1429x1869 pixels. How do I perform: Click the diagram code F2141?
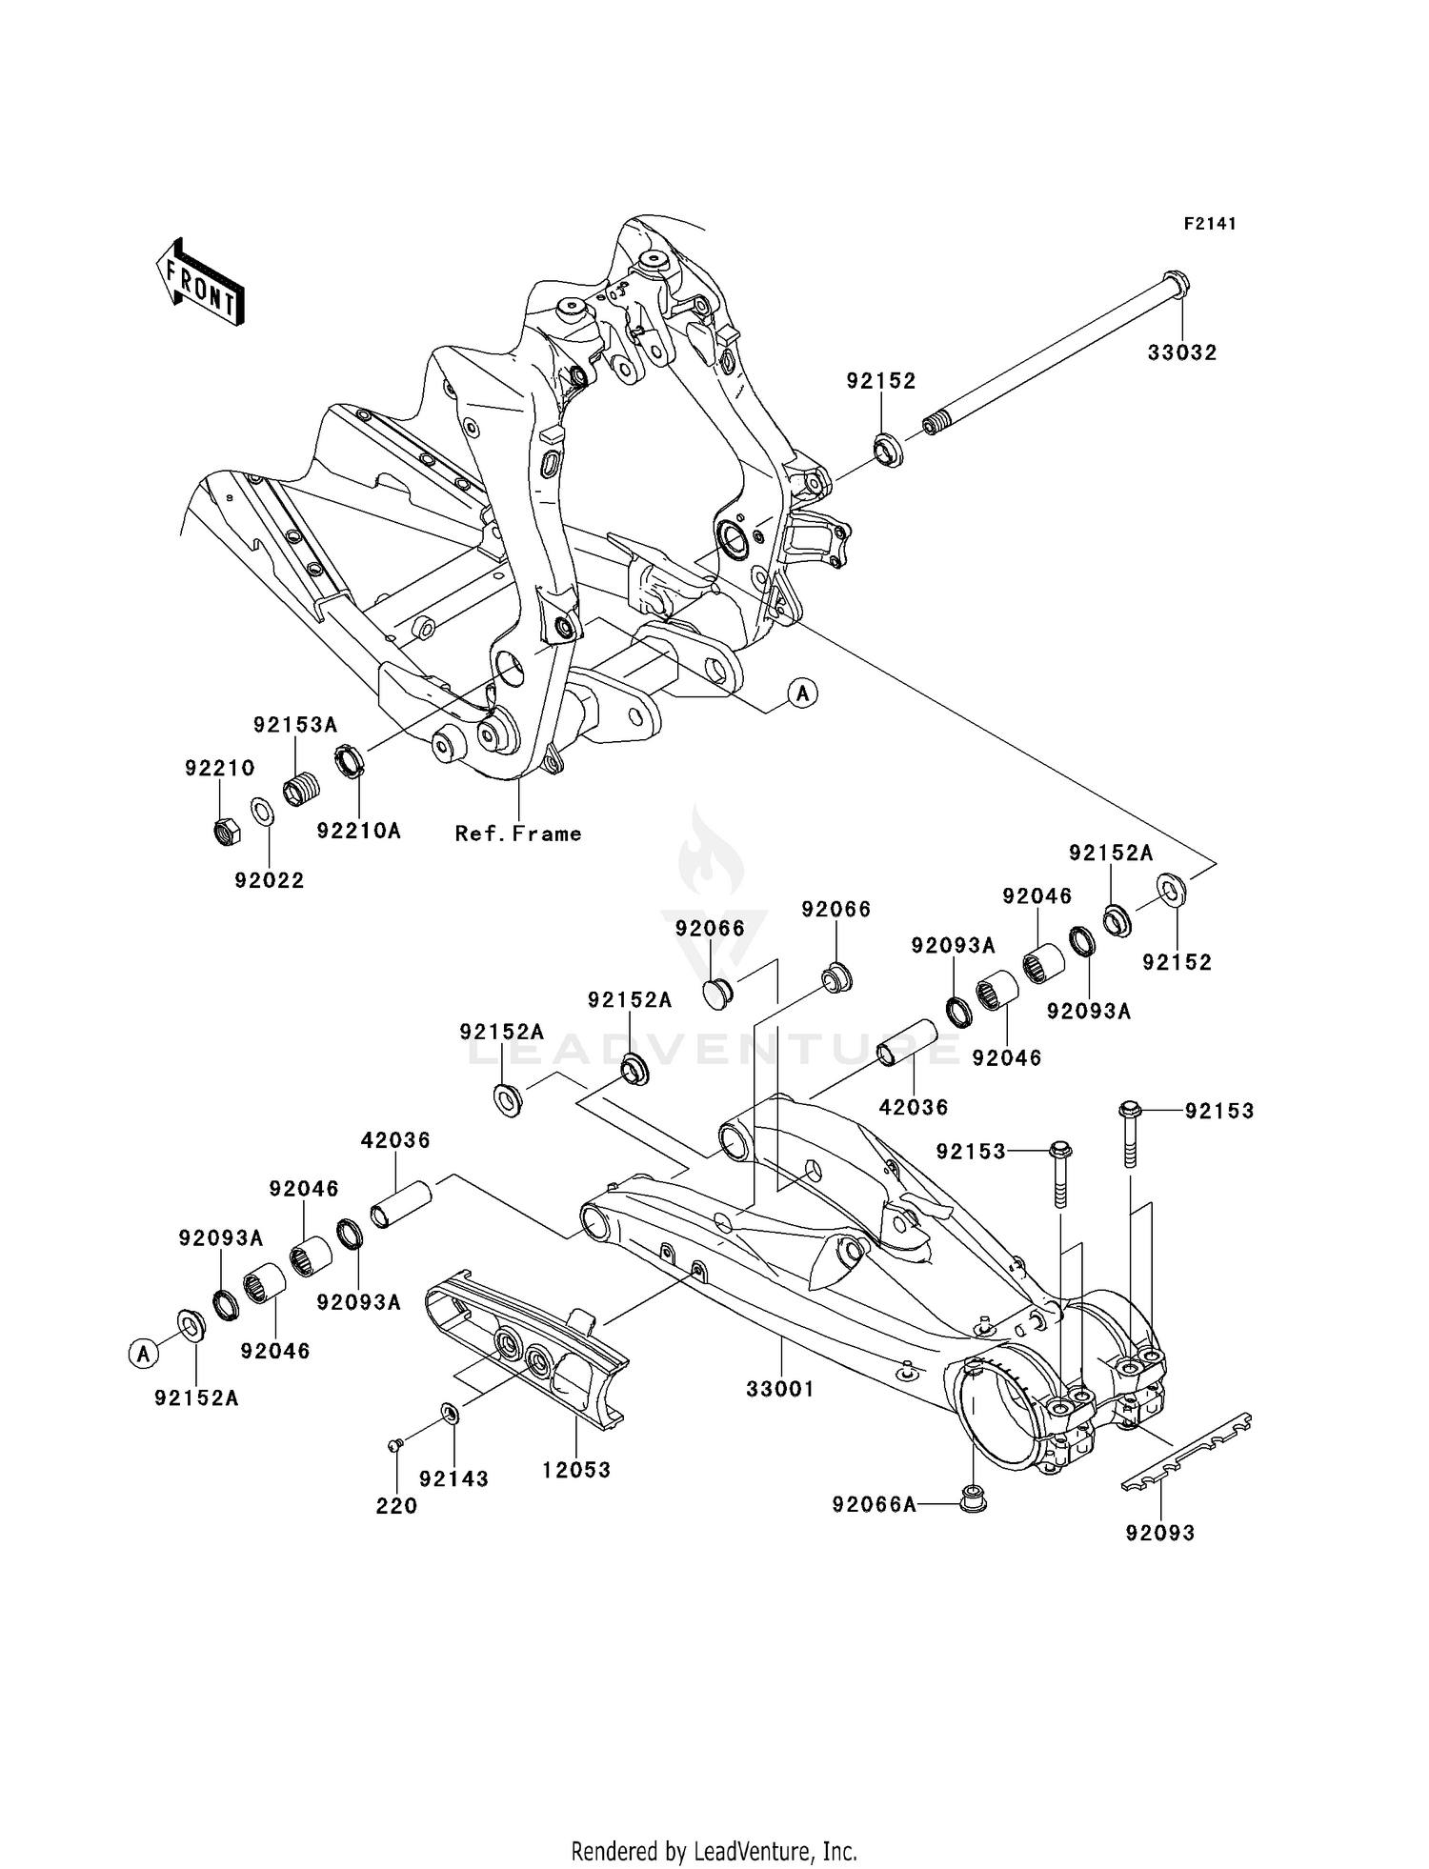1210,224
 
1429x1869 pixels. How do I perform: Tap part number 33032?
1181,352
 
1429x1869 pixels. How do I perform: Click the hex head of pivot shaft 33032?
1177,283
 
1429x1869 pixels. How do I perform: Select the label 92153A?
295,725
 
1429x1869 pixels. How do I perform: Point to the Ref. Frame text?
518,834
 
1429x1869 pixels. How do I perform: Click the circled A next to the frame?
803,693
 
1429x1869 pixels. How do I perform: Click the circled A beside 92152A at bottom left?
143,1353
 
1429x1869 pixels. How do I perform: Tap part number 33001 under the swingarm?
780,1389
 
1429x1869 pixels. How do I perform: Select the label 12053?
576,1470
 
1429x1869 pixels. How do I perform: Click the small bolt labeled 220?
393,1446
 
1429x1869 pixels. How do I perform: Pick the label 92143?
453,1479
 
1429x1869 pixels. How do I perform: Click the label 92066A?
874,1504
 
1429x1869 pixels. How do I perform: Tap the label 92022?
270,880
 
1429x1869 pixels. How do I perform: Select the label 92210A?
358,831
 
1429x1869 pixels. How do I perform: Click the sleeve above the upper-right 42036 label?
907,1044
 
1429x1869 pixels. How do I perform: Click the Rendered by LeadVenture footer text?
714,1852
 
